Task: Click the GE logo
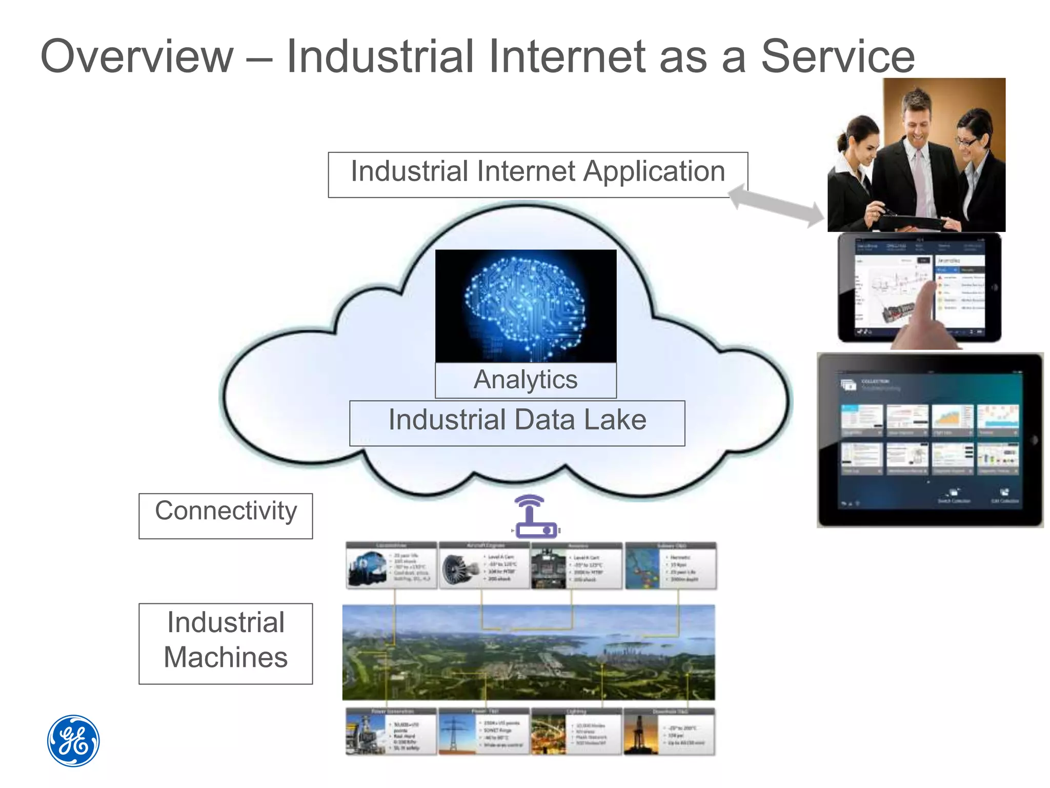point(73,740)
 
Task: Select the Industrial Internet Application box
point(537,174)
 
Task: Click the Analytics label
point(526,380)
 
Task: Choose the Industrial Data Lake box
point(517,423)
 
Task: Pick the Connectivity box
point(226,515)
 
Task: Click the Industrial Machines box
point(226,643)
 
